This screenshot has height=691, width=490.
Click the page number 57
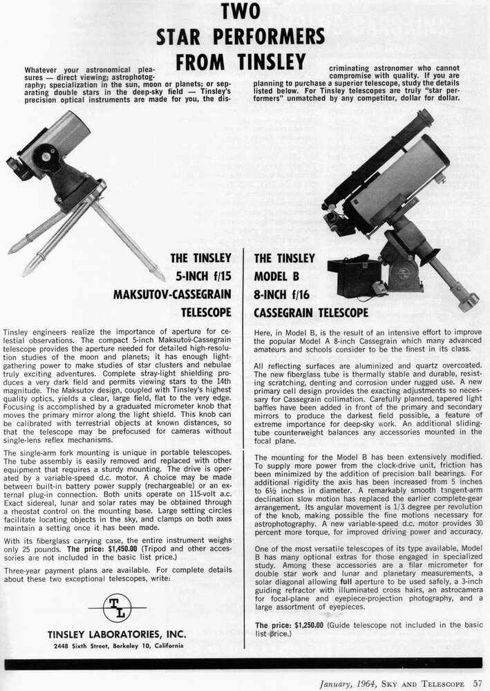pos(478,683)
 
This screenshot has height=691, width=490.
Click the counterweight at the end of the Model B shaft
pos(467,300)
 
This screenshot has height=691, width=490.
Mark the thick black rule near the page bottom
pos(245,665)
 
